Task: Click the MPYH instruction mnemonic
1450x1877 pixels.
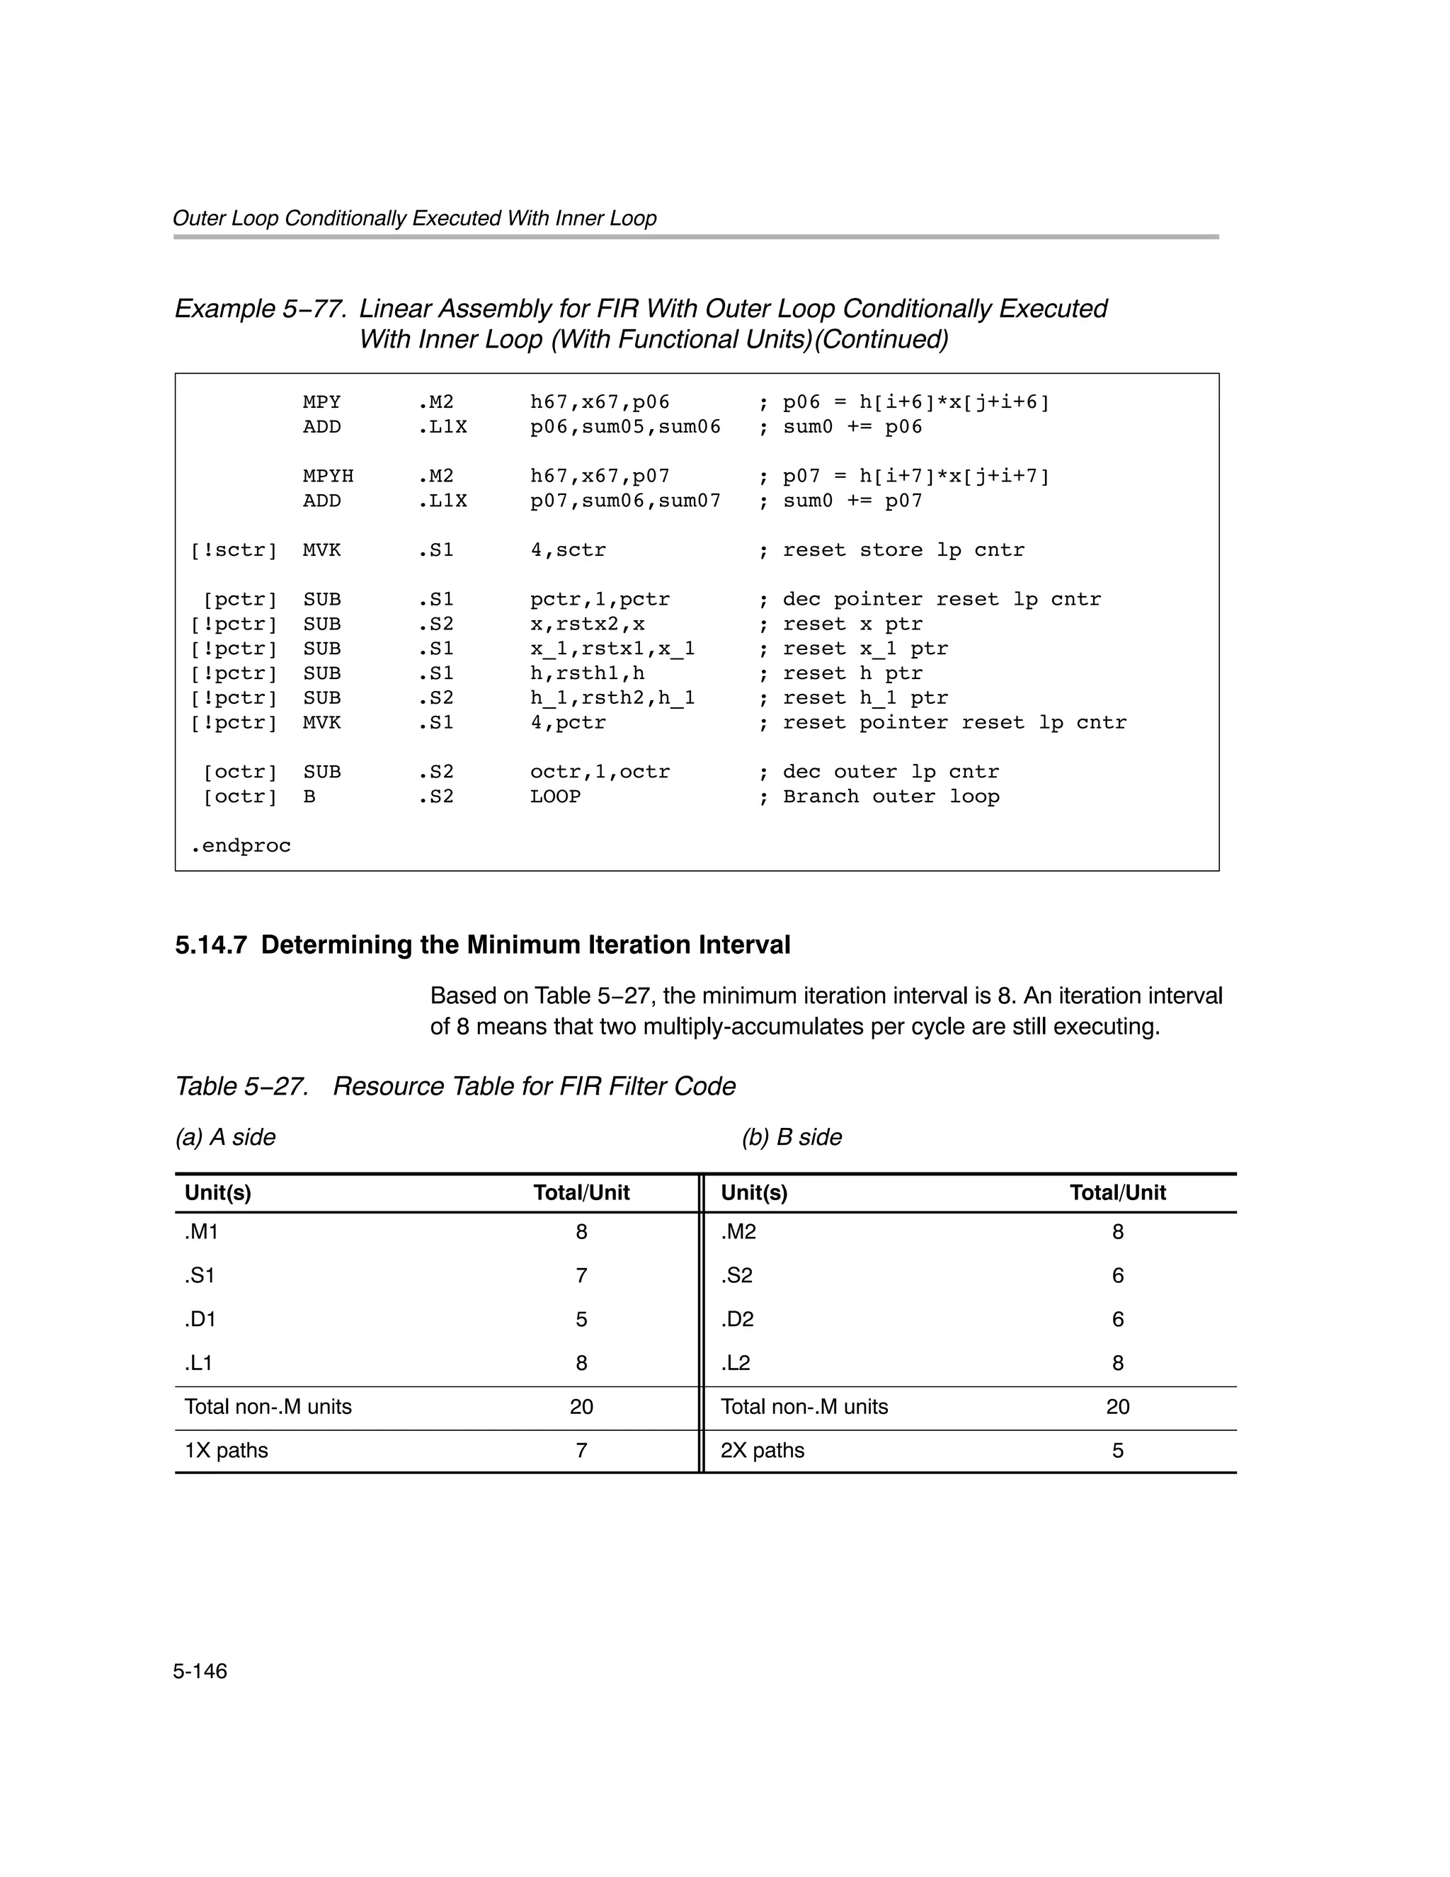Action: click(x=328, y=476)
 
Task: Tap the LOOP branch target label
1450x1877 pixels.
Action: click(x=555, y=797)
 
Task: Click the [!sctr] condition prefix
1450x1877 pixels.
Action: click(x=234, y=550)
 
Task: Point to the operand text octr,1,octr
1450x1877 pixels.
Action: click(x=600, y=772)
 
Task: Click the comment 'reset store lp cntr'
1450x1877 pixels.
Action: click(x=903, y=550)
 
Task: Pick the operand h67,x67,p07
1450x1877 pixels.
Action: click(x=600, y=476)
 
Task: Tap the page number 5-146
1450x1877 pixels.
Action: click(x=200, y=1671)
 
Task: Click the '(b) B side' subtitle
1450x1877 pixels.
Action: click(x=792, y=1137)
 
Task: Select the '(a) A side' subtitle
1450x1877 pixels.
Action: click(x=225, y=1137)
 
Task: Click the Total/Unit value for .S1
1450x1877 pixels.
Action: click(x=582, y=1275)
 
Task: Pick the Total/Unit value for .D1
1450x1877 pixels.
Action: click(x=582, y=1319)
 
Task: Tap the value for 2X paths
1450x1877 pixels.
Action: click(x=1117, y=1451)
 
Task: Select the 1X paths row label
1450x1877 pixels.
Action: click(x=226, y=1451)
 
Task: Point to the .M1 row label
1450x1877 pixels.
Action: click(x=201, y=1233)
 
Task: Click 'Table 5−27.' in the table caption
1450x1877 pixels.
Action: click(x=241, y=1087)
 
